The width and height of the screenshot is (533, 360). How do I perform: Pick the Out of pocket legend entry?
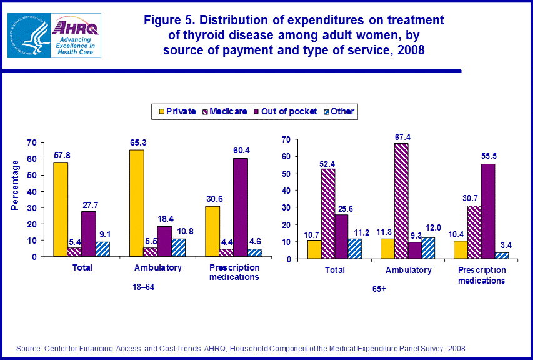[x=285, y=111]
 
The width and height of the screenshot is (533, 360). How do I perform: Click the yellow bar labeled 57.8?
[x=61, y=209]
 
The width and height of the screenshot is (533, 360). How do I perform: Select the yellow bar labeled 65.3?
[x=137, y=203]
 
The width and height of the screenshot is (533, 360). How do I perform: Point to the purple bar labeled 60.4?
[x=241, y=207]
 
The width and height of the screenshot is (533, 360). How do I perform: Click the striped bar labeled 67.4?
[x=401, y=201]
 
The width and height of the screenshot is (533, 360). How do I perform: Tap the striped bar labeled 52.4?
[x=327, y=213]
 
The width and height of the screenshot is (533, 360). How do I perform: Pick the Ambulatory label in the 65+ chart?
[x=408, y=271]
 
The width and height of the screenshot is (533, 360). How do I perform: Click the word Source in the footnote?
[x=29, y=347]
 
